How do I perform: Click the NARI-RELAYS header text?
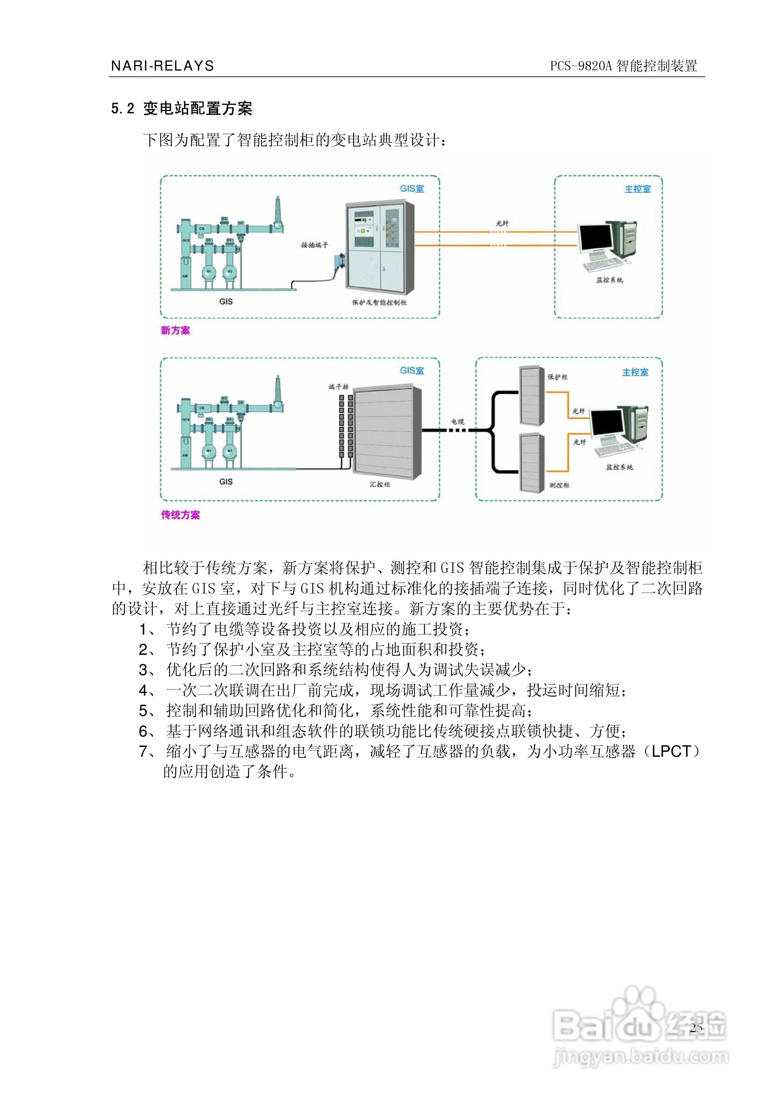pos(162,66)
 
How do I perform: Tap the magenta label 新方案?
pos(175,331)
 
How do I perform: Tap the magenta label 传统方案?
pos(180,515)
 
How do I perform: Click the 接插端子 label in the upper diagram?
pos(314,245)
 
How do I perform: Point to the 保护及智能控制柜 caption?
pos(379,303)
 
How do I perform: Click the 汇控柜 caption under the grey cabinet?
pos(380,484)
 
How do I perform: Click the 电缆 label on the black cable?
pos(457,422)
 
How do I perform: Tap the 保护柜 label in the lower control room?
pos(558,377)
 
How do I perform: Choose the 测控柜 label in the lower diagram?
pos(559,485)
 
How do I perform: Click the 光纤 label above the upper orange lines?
pos(502,223)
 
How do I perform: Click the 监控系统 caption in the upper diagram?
pos(609,280)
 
